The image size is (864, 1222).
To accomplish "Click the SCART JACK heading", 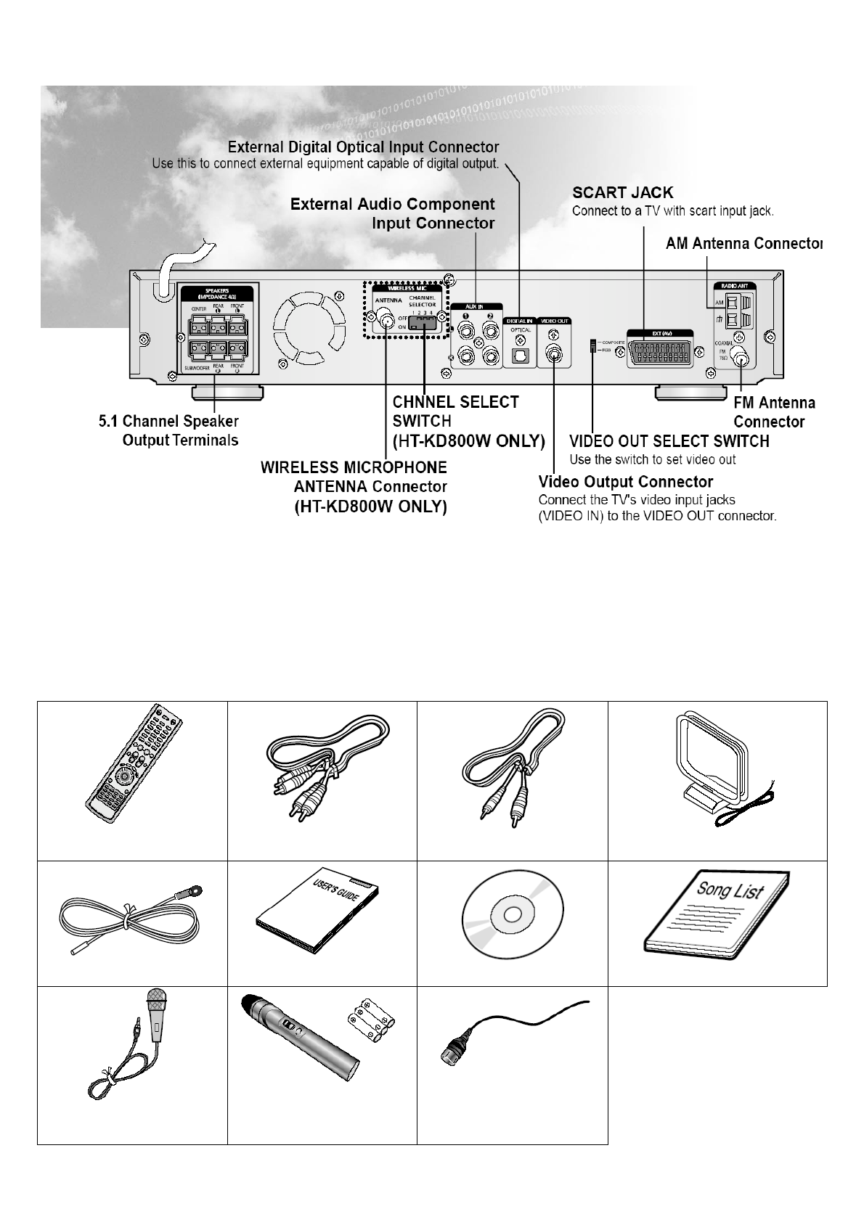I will (x=622, y=193).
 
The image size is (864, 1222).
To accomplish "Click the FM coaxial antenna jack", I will (x=742, y=356).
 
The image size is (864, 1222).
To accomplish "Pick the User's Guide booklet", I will (x=319, y=919).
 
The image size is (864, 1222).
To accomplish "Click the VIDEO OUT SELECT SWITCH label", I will (x=669, y=441).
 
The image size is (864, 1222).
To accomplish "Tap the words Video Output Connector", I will (x=625, y=482).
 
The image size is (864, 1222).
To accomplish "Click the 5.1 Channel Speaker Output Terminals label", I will (x=168, y=430).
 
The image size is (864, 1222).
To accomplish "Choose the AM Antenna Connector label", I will (x=743, y=243).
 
